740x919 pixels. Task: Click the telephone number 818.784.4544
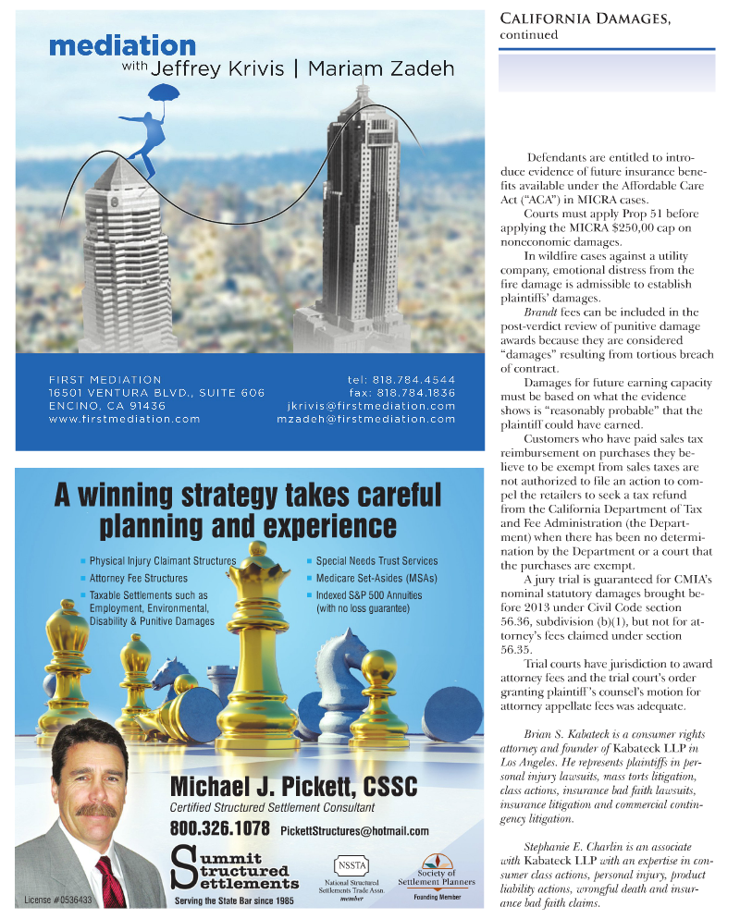413,379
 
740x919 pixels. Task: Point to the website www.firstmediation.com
125,419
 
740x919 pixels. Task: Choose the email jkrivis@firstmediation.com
372,406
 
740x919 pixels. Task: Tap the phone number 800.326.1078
220,827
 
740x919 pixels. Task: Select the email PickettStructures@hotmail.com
354,830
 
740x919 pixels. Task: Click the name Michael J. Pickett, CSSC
293,787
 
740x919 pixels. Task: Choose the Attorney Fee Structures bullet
138,579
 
